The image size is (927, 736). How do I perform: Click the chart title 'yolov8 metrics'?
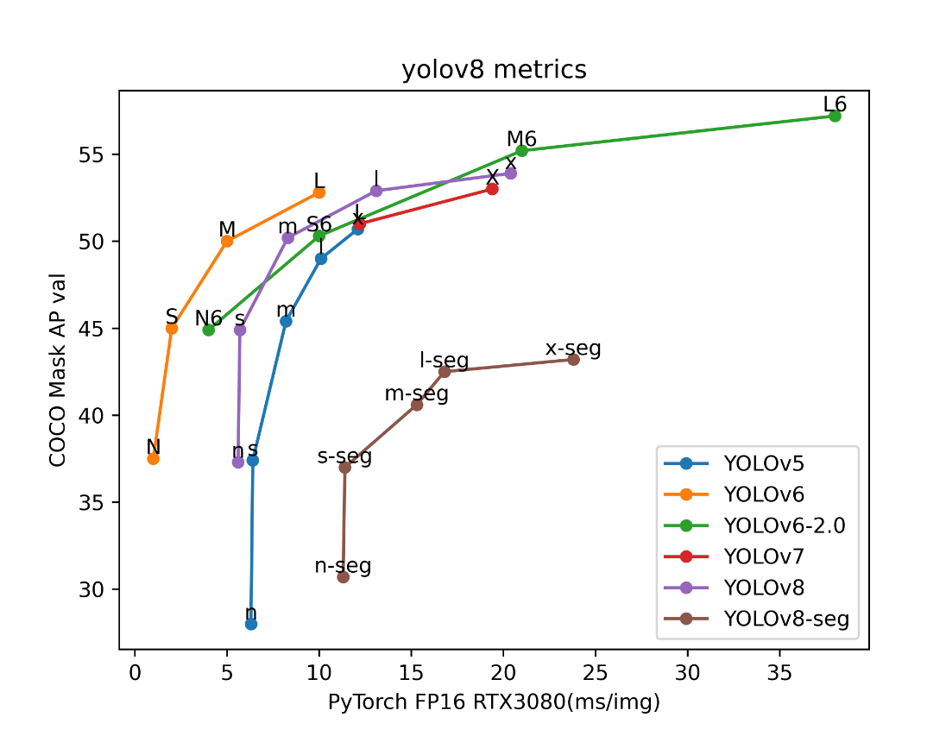pos(494,70)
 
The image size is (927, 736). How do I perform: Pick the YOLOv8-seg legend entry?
pos(786,618)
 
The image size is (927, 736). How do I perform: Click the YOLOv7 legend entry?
pos(764,557)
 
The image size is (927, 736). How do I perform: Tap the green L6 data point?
pos(835,116)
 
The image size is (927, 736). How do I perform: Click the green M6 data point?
pos(521,150)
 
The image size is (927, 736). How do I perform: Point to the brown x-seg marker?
pos(573,359)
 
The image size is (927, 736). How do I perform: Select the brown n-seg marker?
pos(343,576)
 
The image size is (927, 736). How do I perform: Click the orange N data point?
pos(153,458)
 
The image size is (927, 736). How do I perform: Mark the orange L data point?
pos(319,192)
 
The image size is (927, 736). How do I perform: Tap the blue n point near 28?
pos(251,624)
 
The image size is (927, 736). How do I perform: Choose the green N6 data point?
pos(208,330)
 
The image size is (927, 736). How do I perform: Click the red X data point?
pos(492,189)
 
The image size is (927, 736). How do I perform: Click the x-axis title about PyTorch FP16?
pos(494,702)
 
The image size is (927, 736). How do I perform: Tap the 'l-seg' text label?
pos(444,360)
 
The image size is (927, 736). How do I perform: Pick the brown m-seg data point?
pos(417,405)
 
